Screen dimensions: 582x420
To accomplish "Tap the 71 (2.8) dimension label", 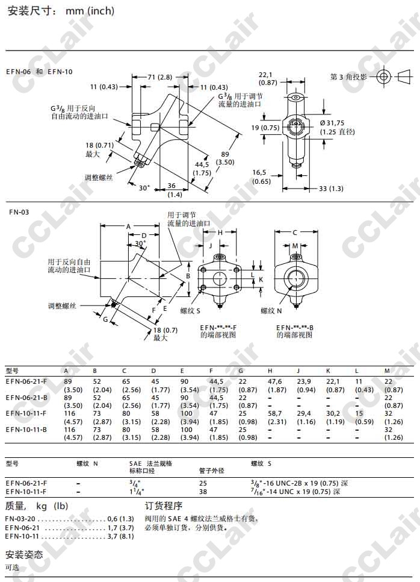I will [x=160, y=78].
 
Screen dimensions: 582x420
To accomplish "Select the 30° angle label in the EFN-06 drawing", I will [x=144, y=188].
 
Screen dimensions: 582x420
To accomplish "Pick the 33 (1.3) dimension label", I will [x=332, y=189].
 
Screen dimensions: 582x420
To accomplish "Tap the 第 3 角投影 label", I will [x=348, y=77].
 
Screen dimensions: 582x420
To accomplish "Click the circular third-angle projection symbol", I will [x=383, y=77].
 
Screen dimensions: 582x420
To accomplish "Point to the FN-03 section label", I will [x=19, y=212].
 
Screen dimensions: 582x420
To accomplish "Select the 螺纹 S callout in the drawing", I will [x=191, y=311].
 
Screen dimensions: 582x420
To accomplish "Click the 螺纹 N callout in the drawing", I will [x=271, y=311].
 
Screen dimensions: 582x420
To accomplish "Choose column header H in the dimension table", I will [x=270, y=371].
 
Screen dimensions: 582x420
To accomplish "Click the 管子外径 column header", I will [x=211, y=471].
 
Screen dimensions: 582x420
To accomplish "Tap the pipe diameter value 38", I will [x=203, y=492].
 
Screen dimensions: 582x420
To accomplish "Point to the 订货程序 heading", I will [x=164, y=505].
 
